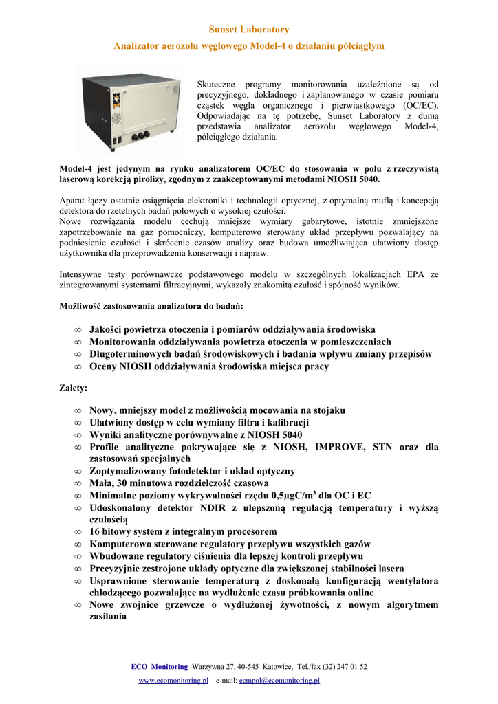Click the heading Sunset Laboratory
(x=248, y=30)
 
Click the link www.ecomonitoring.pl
(x=173, y=680)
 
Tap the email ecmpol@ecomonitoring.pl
(x=279, y=680)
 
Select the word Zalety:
(x=74, y=388)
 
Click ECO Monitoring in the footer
(x=159, y=666)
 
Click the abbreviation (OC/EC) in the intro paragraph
(x=415, y=106)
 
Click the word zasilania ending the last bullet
(x=108, y=617)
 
